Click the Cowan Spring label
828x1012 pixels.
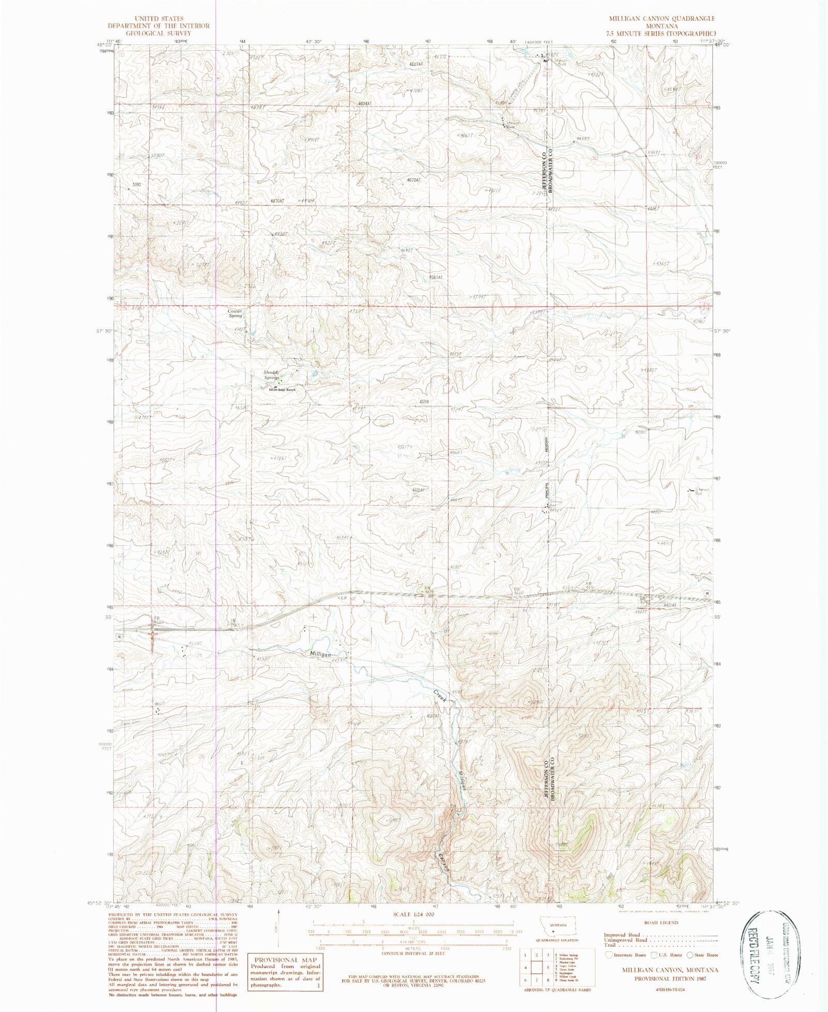pos(235,313)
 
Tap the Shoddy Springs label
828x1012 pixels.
pos(271,375)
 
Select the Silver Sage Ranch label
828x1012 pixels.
pos(282,389)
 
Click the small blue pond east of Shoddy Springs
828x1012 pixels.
pos(314,373)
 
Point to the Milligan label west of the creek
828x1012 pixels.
pos(320,654)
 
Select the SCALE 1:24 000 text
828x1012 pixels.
pos(413,914)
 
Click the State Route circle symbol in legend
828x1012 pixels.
pos(690,955)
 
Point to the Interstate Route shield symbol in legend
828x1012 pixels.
pos(609,955)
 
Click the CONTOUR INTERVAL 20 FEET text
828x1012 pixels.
pos(413,948)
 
